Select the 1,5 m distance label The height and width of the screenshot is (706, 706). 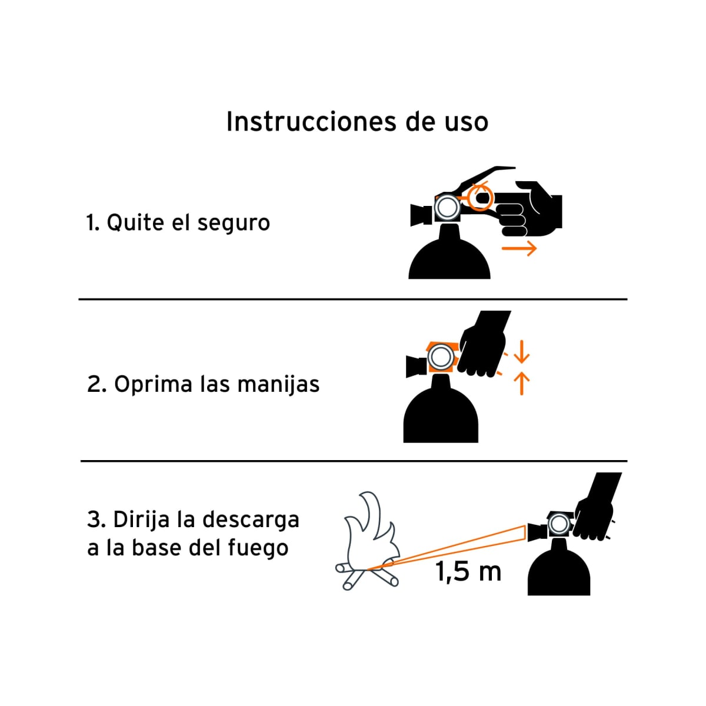[468, 571]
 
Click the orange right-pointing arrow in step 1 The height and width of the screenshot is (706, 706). [519, 248]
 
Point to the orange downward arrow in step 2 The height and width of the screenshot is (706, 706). [521, 355]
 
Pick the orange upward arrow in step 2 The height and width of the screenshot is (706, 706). [521, 383]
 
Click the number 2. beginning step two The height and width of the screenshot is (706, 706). [96, 385]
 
